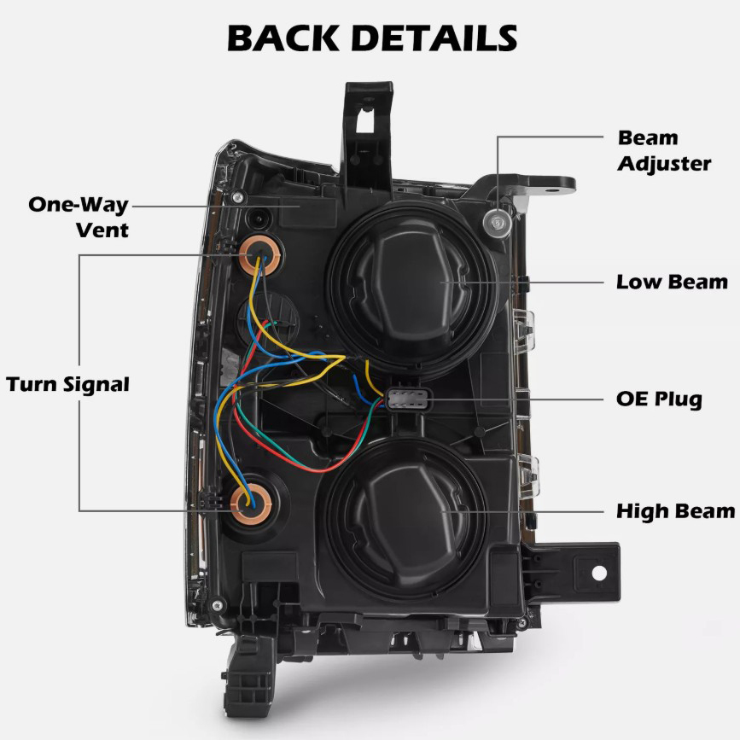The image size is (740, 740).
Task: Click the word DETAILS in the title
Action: click(x=435, y=38)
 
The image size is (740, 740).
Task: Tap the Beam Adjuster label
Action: click(x=663, y=150)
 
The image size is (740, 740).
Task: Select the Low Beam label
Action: click(x=672, y=282)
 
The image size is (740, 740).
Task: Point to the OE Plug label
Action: click(x=659, y=399)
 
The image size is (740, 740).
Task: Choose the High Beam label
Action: click(x=675, y=511)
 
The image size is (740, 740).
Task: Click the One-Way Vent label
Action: click(x=79, y=217)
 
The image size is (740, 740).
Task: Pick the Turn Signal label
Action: click(x=67, y=384)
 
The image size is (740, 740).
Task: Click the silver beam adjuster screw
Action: click(x=494, y=223)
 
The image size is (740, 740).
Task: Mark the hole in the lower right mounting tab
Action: click(x=599, y=573)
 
